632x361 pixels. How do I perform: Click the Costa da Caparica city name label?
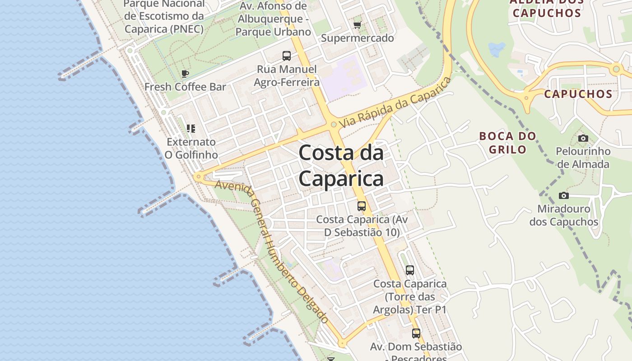pyautogui.click(x=341, y=166)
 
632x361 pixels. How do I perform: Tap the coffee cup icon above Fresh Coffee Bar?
pyautogui.click(x=185, y=74)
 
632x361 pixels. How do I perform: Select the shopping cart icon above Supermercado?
pyautogui.click(x=358, y=25)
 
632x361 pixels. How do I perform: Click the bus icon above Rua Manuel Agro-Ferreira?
pyautogui.click(x=287, y=56)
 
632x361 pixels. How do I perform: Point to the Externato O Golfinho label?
pyautogui.click(x=191, y=148)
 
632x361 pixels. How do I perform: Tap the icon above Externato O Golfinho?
pyautogui.click(x=191, y=129)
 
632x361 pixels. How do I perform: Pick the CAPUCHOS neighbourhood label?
pyautogui.click(x=578, y=94)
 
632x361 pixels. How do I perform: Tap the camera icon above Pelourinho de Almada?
pyautogui.click(x=583, y=138)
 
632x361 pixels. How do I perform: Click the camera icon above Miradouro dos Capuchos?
pyautogui.click(x=563, y=195)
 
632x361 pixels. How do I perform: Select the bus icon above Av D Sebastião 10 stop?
pyautogui.click(x=362, y=206)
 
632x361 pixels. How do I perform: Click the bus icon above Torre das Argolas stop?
pyautogui.click(x=410, y=270)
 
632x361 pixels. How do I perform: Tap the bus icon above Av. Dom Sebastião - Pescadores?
pyautogui.click(x=416, y=333)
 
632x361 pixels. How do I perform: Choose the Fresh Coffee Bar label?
pyautogui.click(x=185, y=87)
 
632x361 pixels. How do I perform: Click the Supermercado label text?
pyautogui.click(x=358, y=38)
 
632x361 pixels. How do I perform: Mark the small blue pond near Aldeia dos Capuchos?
pyautogui.click(x=497, y=49)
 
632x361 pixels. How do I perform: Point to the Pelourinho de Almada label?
pyautogui.click(x=583, y=157)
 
